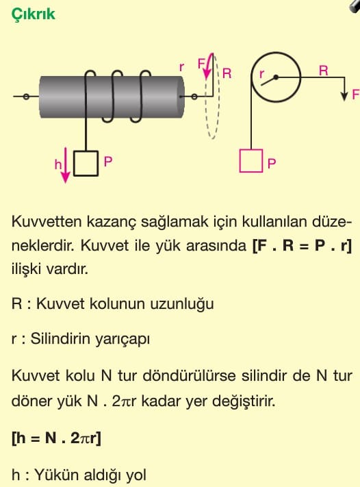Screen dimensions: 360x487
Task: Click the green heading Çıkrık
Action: (x=34, y=14)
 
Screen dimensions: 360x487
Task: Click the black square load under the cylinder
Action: (x=86, y=164)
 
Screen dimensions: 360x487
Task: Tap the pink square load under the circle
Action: (x=251, y=160)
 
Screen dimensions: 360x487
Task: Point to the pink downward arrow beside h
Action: (x=66, y=165)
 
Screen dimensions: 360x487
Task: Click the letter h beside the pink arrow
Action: (x=58, y=164)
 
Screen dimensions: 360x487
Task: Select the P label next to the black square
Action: (x=108, y=162)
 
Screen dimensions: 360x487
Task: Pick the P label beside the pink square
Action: (x=272, y=164)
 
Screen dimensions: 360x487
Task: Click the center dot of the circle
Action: (x=276, y=77)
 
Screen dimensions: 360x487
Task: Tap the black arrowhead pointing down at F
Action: (x=344, y=96)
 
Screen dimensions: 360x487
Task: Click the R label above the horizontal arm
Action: (x=323, y=71)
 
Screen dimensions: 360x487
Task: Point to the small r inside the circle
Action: (x=262, y=73)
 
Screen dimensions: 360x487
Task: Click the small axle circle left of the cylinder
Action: (x=26, y=97)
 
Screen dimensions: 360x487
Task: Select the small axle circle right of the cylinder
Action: (x=194, y=97)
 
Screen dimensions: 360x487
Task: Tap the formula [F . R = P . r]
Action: (x=303, y=246)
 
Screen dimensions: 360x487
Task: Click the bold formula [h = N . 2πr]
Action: (x=56, y=438)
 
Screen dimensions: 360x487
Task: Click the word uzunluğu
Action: (x=182, y=303)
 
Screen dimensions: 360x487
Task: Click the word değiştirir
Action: (x=244, y=401)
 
